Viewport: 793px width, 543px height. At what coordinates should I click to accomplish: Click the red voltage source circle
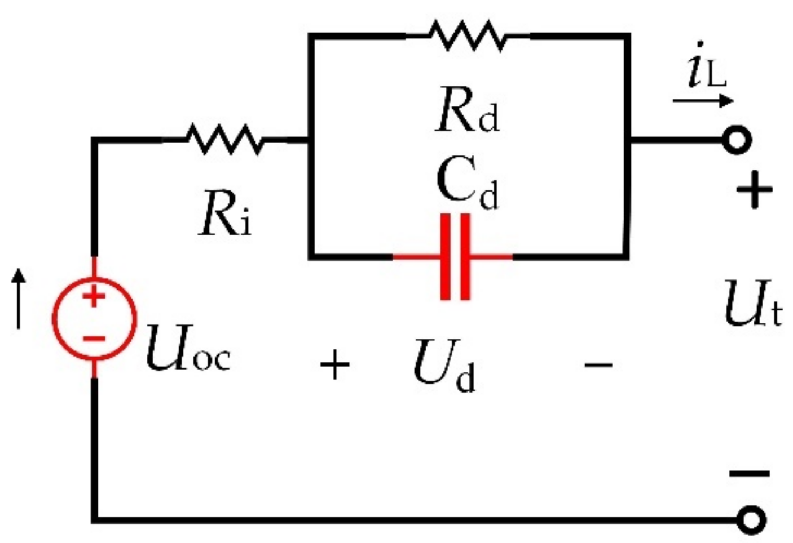pyautogui.click(x=94, y=318)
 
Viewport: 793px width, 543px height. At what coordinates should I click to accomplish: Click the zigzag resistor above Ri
pyautogui.click(x=224, y=139)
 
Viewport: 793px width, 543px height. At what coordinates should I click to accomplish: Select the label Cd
pyautogui.click(x=467, y=185)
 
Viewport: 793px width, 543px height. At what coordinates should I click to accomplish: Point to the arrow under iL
pyautogui.click(x=703, y=101)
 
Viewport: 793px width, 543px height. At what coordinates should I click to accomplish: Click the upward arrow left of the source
pyautogui.click(x=20, y=299)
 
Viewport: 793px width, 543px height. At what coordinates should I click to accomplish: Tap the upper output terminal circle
pyautogui.click(x=737, y=140)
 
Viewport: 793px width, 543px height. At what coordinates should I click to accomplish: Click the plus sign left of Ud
pyautogui.click(x=334, y=365)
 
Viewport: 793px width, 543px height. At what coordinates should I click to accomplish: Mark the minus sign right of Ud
pyautogui.click(x=598, y=365)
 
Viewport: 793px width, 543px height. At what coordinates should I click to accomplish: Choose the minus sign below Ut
pyautogui.click(x=750, y=473)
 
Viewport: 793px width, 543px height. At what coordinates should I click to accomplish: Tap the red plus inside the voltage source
pyautogui.click(x=94, y=295)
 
